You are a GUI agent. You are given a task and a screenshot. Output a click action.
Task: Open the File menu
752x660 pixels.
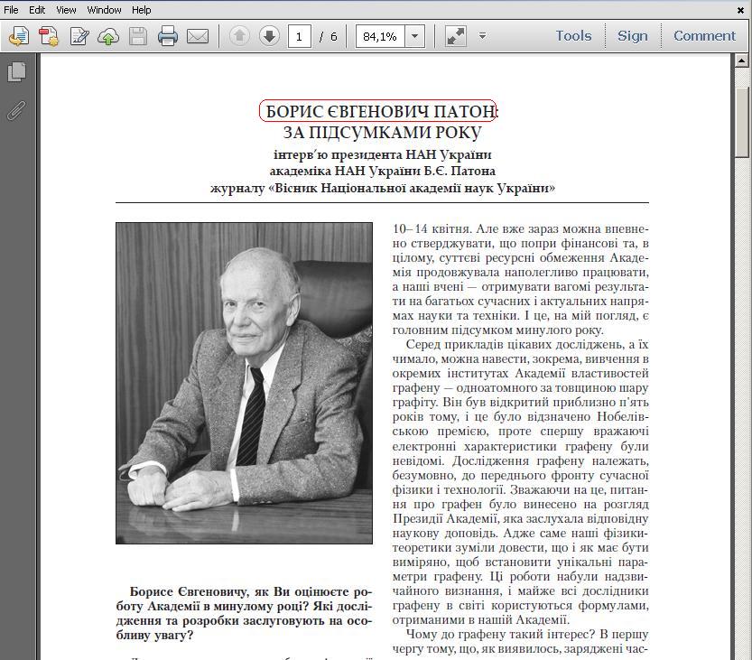11,10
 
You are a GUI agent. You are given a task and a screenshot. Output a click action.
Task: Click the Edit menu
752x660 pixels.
37,10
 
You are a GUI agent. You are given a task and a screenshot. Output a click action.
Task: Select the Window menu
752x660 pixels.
104,10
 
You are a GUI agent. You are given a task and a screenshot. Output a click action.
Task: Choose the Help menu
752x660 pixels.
142,10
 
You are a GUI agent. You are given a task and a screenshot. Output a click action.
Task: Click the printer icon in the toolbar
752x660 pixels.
167,36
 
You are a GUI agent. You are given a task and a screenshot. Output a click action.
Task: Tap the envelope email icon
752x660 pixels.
198,36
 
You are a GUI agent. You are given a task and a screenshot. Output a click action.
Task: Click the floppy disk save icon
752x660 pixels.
137,36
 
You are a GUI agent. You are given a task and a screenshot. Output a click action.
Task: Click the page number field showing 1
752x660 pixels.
299,36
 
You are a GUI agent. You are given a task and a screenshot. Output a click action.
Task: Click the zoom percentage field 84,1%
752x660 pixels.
379,36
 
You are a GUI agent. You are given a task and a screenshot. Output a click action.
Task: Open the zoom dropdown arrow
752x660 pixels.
415,36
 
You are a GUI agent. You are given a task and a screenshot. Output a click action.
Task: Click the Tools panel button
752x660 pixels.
573,36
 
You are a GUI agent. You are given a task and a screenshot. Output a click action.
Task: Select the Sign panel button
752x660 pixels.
632,36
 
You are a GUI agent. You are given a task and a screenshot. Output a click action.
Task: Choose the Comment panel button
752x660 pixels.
704,36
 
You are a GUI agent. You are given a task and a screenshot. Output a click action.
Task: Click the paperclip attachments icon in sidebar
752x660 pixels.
16,111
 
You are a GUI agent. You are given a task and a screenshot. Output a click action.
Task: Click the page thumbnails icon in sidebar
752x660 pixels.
16,72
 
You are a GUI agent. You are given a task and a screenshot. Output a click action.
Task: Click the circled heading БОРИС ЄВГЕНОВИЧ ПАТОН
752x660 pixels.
378,111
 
